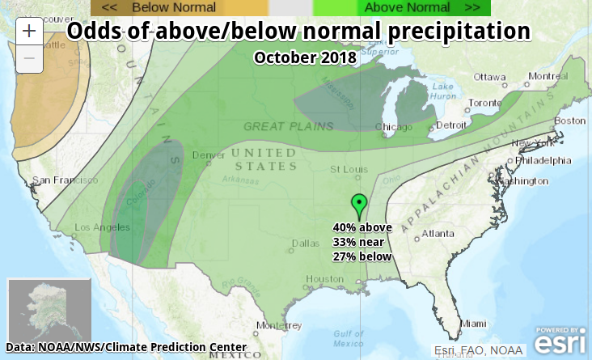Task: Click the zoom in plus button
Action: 29,32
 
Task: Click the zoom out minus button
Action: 29,58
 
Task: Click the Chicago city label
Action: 393,127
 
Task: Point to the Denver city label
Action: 208,155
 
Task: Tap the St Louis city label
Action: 349,169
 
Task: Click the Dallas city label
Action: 305,243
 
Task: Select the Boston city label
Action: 569,121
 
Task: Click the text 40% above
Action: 362,227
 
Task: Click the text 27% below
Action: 362,256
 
